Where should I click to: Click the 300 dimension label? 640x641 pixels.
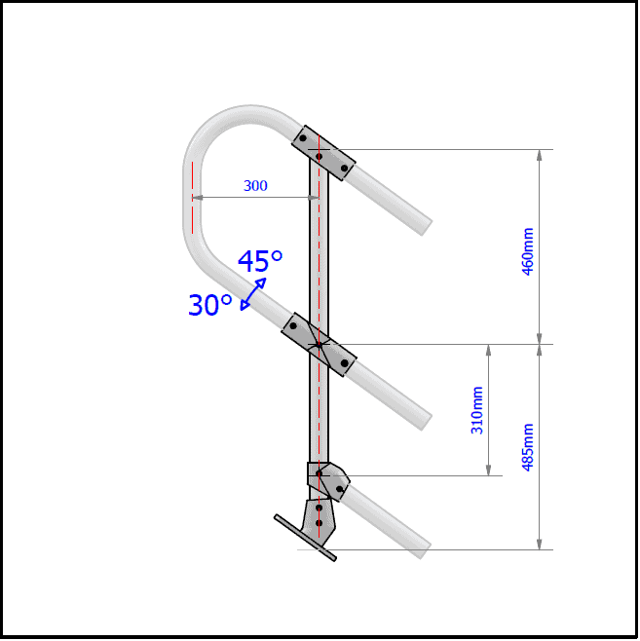click(255, 186)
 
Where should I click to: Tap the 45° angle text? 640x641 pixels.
click(260, 261)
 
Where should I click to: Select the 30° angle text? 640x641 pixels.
click(210, 305)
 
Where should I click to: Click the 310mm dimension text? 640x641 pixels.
click(477, 410)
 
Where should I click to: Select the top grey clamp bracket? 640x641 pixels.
click(324, 154)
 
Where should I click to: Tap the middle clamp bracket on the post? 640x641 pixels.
click(319, 344)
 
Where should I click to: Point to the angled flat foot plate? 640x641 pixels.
click(305, 538)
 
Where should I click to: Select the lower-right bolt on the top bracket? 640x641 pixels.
click(344, 168)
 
